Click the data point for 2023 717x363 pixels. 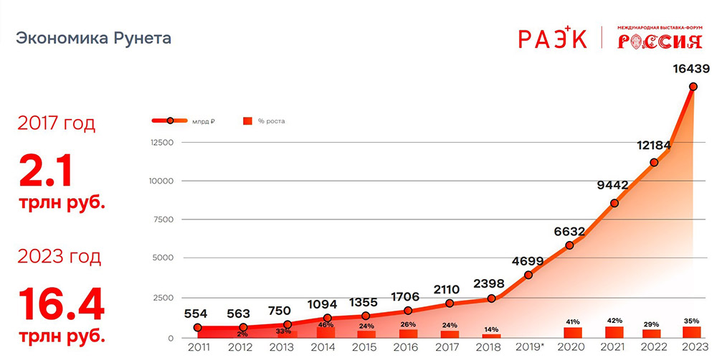693,87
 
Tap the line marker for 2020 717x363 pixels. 570,245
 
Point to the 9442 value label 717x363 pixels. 612,185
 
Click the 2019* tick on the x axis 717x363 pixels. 529,347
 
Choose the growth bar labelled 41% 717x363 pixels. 571,332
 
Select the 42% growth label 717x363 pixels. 614,321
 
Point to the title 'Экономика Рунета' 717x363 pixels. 94,38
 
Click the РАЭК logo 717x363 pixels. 553,38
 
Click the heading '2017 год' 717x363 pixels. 56,123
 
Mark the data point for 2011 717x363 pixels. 197,328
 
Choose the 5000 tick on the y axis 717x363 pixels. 165,258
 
